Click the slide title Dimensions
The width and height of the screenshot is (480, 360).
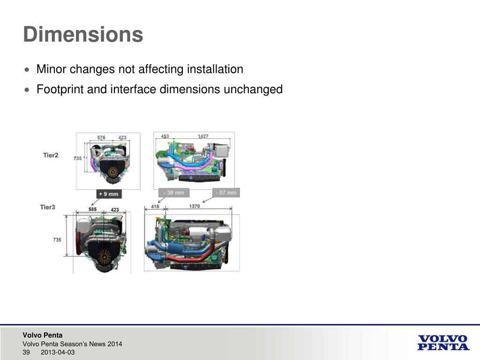click(83, 35)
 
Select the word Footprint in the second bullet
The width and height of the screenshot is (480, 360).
click(59, 89)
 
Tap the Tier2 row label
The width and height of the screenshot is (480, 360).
click(51, 155)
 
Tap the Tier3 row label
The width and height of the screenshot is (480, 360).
click(48, 207)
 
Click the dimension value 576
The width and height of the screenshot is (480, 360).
click(101, 137)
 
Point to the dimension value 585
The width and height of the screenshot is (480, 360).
click(93, 209)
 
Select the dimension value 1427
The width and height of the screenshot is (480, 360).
click(203, 136)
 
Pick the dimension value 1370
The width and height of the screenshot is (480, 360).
click(195, 206)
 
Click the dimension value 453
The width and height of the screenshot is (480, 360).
click(165, 136)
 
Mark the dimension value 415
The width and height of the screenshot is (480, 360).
click(155, 206)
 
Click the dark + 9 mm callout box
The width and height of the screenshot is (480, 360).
click(108, 194)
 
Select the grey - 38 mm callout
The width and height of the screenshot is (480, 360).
click(174, 192)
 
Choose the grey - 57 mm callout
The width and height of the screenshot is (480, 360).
click(226, 192)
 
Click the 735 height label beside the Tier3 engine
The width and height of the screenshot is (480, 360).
click(57, 240)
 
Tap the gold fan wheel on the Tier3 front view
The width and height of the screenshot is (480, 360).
click(104, 255)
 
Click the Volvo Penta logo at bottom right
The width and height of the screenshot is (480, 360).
click(443, 342)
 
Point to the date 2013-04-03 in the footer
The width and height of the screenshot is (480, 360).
click(58, 352)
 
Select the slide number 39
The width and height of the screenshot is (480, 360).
click(26, 352)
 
